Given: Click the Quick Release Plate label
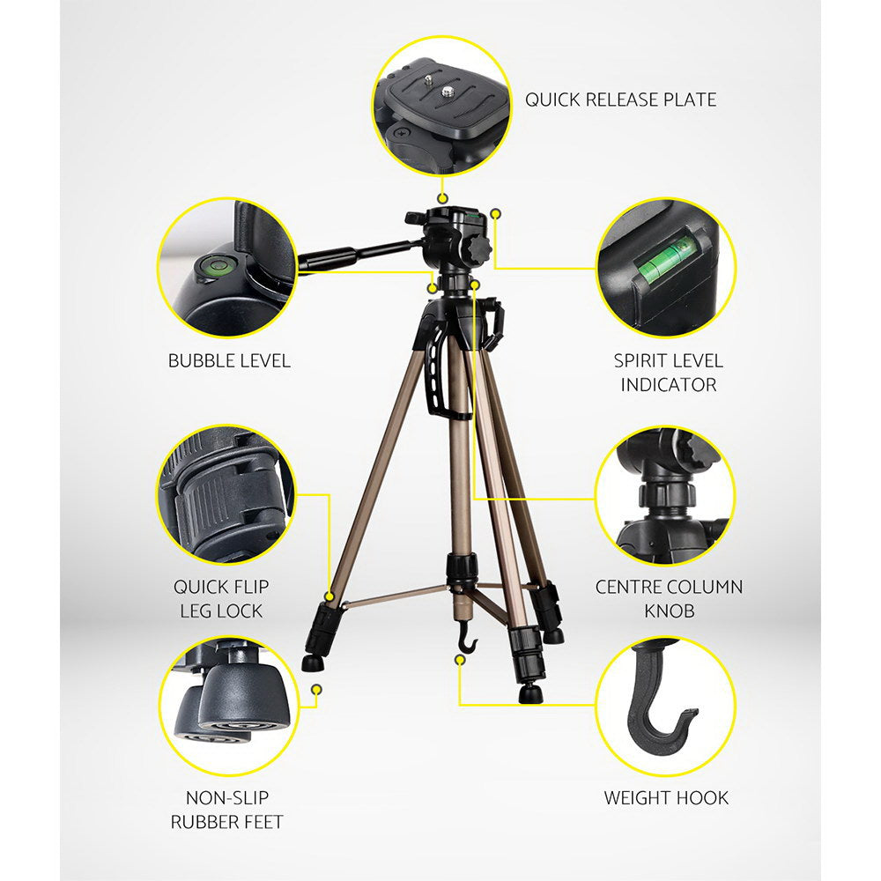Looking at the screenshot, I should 620,100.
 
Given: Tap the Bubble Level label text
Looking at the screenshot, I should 229,360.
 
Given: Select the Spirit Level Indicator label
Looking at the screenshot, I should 668,372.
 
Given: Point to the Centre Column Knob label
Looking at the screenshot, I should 669,598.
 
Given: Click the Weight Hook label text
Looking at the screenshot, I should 666,798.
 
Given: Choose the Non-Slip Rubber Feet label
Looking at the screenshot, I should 227,810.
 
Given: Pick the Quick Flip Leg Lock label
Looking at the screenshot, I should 221,598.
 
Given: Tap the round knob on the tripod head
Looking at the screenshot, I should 476,248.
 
